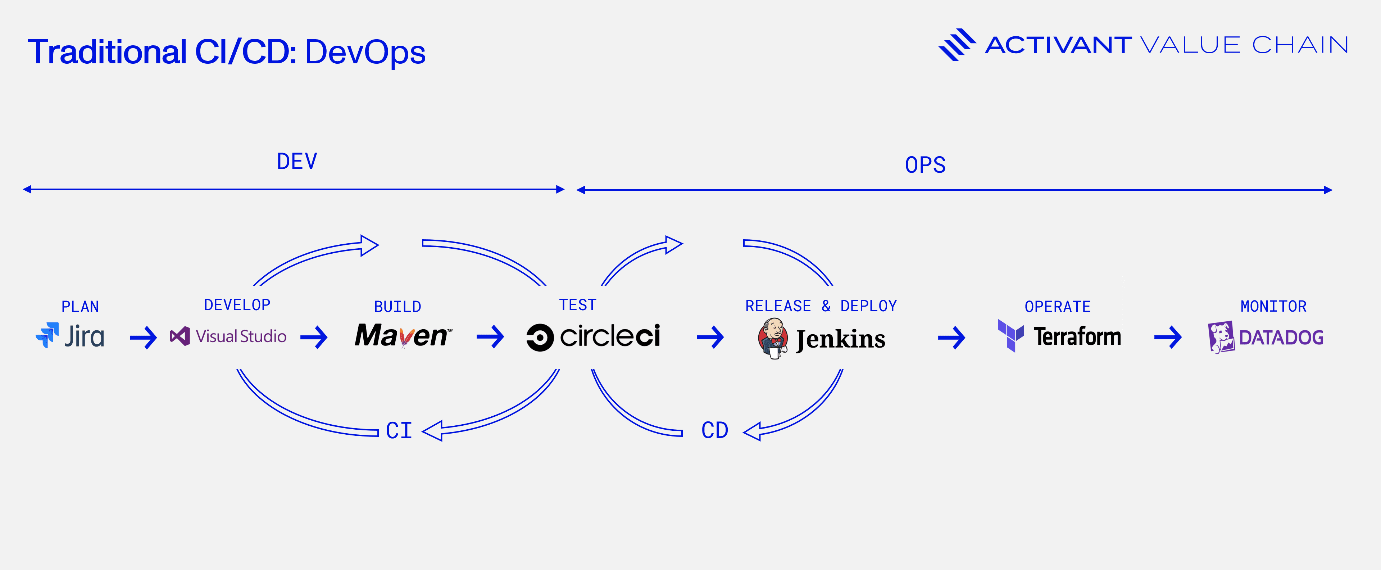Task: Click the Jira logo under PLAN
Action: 70,336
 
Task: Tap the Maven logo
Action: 403,336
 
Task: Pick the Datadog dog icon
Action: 1221,337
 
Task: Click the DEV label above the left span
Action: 297,162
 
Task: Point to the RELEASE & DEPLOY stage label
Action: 821,306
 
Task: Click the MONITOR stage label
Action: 1273,306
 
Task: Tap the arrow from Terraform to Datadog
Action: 1168,337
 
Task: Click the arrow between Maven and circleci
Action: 490,337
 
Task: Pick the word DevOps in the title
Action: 365,52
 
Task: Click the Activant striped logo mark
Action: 957,45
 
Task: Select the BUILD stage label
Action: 397,307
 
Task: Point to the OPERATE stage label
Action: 1057,307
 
